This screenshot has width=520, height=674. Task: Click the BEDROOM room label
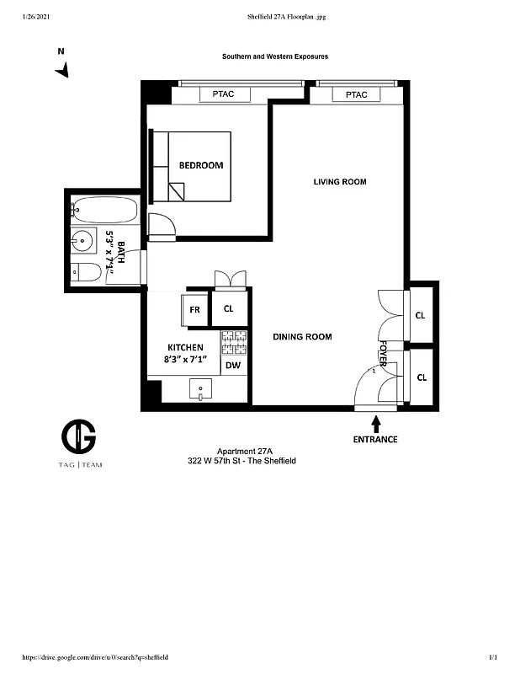point(201,165)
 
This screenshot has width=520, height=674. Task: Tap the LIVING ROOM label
point(340,182)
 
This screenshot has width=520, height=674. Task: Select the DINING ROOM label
point(302,337)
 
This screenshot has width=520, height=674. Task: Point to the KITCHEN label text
point(185,347)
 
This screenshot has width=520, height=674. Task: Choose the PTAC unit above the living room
point(356,95)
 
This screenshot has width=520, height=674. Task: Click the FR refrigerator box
point(194,309)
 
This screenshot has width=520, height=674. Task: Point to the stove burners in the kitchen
point(234,341)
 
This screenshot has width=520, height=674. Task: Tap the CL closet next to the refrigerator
point(229,309)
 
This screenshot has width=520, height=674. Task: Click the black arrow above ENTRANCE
point(375,422)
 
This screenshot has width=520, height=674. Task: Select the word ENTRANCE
point(375,440)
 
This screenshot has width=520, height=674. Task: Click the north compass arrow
point(61,72)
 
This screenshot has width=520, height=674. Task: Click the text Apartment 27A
point(239,452)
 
